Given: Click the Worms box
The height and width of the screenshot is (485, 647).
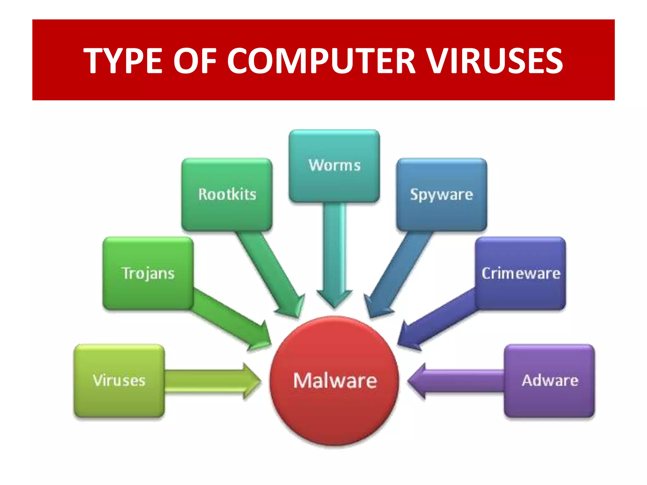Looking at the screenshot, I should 334,165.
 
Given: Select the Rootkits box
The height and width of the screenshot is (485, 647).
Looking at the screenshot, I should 227,194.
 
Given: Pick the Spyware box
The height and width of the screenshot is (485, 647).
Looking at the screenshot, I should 442,194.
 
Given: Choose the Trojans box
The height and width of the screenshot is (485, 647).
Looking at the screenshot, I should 148,273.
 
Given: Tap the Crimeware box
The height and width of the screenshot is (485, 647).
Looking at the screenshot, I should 521,273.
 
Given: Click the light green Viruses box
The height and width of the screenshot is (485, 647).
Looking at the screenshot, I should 119,380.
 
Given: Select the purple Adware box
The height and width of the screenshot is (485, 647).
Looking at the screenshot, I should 549,380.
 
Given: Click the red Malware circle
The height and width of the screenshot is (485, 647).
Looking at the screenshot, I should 335,380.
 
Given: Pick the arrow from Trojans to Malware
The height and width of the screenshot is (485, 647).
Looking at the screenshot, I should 227,319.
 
